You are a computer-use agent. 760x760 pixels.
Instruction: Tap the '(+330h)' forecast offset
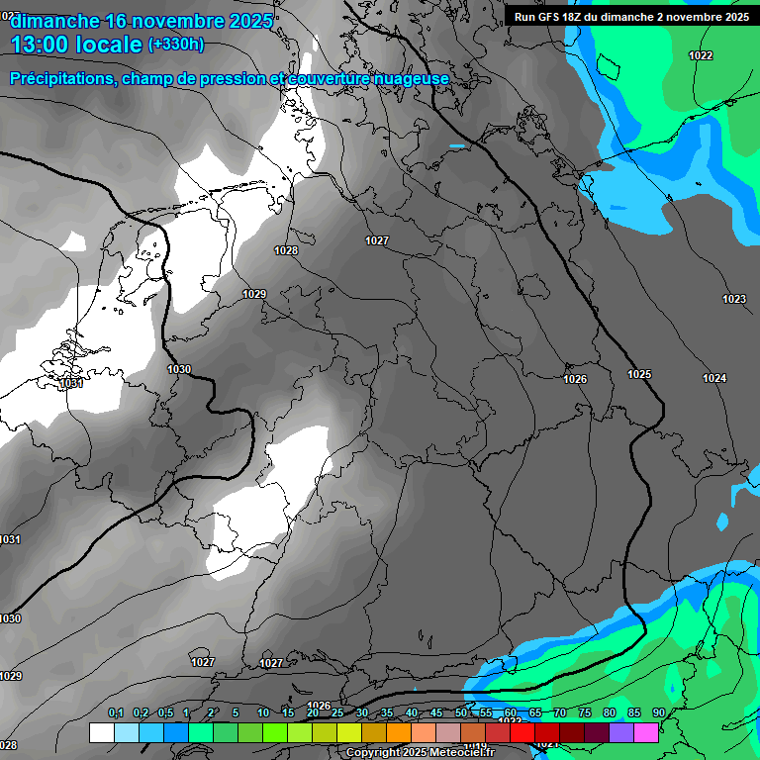pyautogui.click(x=176, y=45)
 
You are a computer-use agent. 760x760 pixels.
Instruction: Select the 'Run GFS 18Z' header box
pyautogui.click(x=631, y=16)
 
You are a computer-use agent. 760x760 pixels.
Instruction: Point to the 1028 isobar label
pyautogui.click(x=286, y=250)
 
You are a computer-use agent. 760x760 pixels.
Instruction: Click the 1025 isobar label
pyautogui.click(x=639, y=374)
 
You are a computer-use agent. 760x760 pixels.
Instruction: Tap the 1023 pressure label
pyautogui.click(x=734, y=299)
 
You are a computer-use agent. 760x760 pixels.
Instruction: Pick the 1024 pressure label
pyautogui.click(x=714, y=378)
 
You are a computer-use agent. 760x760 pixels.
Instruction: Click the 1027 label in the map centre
pyautogui.click(x=377, y=240)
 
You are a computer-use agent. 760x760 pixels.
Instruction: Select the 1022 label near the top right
pyautogui.click(x=701, y=55)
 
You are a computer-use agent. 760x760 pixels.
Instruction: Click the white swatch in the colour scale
pyautogui.click(x=101, y=732)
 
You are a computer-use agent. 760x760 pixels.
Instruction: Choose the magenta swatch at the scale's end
pyautogui.click(x=646, y=732)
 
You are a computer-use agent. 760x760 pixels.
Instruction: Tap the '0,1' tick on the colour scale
pyautogui.click(x=116, y=713)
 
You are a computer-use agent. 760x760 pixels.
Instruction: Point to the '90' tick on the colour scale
pyautogui.click(x=659, y=713)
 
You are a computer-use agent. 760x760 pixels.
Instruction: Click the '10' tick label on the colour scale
pyautogui.click(x=263, y=713)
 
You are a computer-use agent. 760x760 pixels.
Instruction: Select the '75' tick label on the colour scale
pyautogui.click(x=585, y=713)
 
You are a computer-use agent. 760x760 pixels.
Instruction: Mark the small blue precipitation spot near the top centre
pyautogui.click(x=456, y=146)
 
